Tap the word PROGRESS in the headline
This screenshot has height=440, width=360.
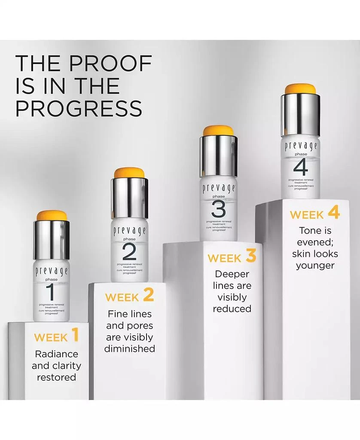[79, 108]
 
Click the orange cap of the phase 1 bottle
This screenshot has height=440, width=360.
[51, 216]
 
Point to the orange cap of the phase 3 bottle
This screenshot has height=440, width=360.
[218, 131]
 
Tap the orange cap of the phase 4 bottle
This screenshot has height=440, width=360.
[300, 89]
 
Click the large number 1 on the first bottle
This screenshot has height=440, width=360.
[51, 293]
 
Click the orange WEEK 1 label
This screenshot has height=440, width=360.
[57, 336]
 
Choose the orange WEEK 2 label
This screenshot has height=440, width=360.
[129, 296]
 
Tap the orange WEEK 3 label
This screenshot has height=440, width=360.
[232, 257]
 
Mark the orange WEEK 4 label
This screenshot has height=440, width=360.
[314, 214]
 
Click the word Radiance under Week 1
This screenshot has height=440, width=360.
[57, 354]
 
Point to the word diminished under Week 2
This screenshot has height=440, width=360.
[130, 348]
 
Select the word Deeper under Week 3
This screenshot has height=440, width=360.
[232, 274]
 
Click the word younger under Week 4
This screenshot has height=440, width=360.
[315, 266]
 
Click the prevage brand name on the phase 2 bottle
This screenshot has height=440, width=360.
[129, 231]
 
